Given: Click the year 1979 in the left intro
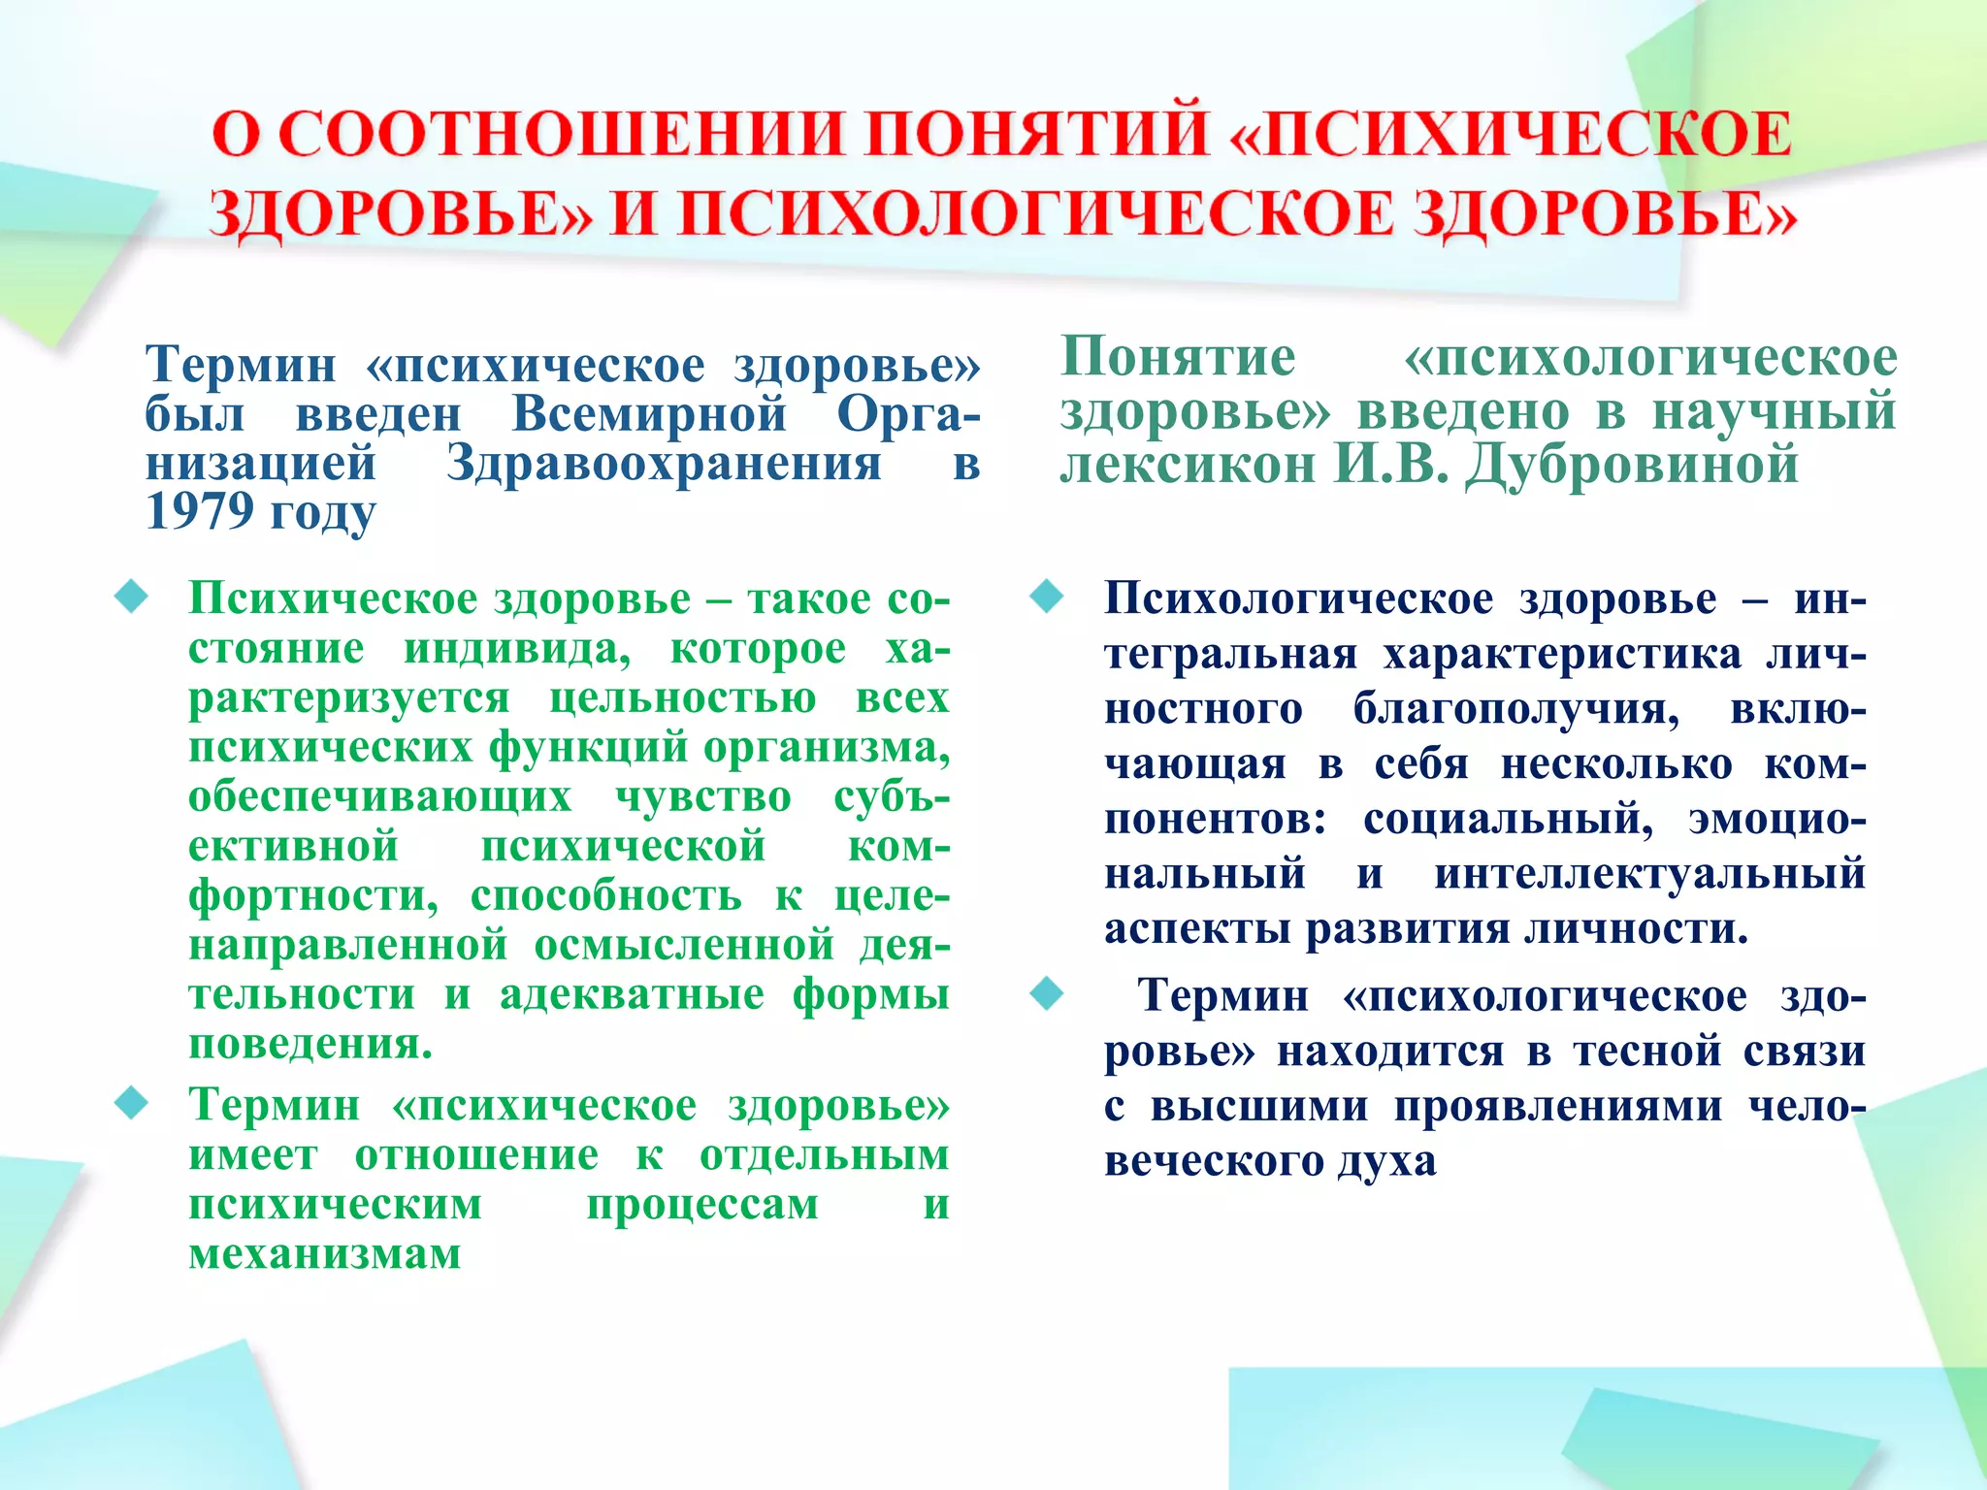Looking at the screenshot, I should (199, 511).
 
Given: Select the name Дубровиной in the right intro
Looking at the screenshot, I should (1631, 464).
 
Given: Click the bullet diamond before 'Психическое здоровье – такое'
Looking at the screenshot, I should (131, 597).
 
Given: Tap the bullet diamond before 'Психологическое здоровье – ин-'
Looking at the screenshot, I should (1046, 597).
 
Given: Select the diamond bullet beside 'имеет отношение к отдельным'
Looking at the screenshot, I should (131, 1103).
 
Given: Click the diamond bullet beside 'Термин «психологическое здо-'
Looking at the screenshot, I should (1046, 993).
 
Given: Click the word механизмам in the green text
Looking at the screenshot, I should (324, 1253).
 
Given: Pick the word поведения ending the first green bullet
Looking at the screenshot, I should (309, 1044).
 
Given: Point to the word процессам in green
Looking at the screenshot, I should (702, 1204).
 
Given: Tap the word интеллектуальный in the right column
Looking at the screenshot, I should (1649, 873).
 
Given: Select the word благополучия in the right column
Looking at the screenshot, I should (1516, 708).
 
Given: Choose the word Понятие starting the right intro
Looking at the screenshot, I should (1178, 356).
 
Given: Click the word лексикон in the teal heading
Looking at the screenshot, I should (1187, 464).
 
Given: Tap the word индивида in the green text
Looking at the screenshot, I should (516, 648).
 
